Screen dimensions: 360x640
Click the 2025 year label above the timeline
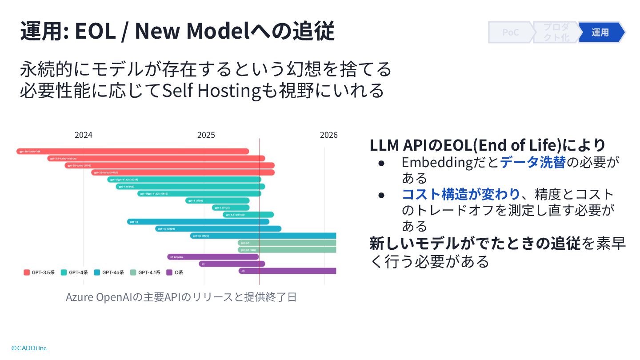coord(206,135)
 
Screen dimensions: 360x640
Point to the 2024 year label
coord(83,135)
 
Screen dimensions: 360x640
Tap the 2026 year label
coord(328,135)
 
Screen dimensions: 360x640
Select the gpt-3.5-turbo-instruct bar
coord(156,158)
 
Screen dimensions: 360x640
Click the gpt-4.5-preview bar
coord(248,215)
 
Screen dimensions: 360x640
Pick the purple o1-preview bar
coord(212,256)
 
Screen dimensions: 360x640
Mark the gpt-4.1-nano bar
coord(287,250)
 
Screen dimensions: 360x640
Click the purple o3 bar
coord(287,271)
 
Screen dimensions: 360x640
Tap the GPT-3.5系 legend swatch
coord(27,272)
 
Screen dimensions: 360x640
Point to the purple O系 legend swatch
coord(169,272)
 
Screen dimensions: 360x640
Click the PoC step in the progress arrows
coord(510,32)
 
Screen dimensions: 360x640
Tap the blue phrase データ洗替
coord(533,163)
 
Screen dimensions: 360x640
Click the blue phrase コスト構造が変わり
coord(460,194)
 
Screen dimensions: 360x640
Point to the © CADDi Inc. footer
coord(29,348)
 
